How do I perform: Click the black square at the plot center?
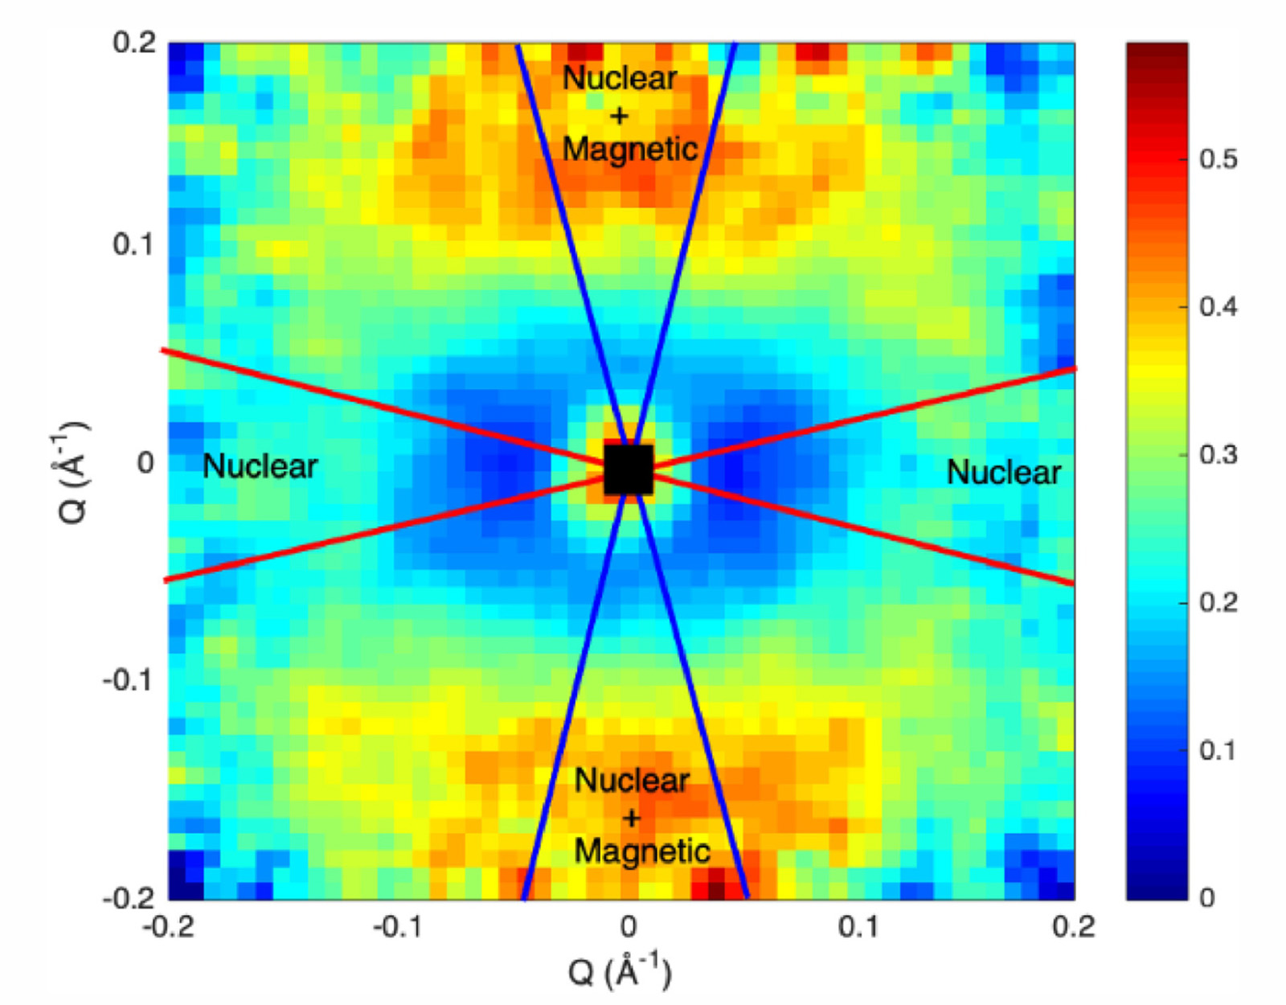[x=628, y=470]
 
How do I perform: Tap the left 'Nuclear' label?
[x=260, y=466]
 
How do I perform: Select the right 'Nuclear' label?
[x=1004, y=473]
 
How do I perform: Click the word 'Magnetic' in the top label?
[x=630, y=150]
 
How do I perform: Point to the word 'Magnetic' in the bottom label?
[x=642, y=851]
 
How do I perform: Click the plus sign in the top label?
[x=619, y=116]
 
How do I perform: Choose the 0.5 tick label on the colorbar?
[x=1218, y=159]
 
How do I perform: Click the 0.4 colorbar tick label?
[x=1218, y=307]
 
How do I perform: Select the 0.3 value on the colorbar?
[x=1218, y=455]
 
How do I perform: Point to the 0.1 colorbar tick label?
[x=1218, y=751]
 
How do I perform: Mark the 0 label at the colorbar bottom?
[x=1207, y=898]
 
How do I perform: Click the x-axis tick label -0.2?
[x=168, y=928]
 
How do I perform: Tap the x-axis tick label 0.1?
[x=858, y=928]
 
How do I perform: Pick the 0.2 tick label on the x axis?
[x=1074, y=928]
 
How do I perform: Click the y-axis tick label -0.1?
[x=129, y=680]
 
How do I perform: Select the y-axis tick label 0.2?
[x=134, y=42]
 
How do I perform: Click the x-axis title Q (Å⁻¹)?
[x=619, y=971]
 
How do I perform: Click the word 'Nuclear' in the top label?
[x=620, y=79]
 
